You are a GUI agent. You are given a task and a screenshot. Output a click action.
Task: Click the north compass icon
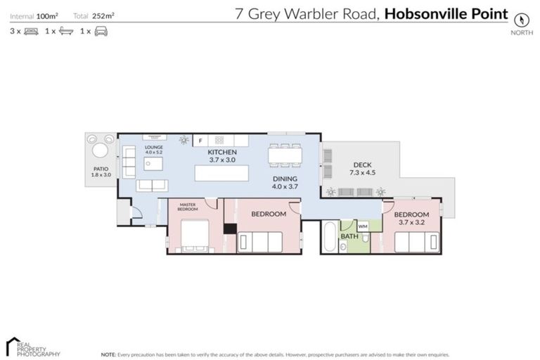point(521,20)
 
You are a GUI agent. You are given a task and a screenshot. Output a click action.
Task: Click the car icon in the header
point(101,31)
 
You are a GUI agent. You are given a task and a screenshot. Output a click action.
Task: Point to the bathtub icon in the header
point(66,31)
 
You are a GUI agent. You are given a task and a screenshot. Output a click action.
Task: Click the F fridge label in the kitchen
point(200,141)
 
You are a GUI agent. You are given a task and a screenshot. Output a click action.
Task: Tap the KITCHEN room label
point(222,153)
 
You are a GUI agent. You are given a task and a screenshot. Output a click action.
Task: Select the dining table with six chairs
point(285,154)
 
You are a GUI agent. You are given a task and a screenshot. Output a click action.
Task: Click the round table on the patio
point(101,150)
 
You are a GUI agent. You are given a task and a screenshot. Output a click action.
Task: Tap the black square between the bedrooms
point(229,228)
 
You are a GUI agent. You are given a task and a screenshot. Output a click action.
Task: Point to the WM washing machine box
point(363,226)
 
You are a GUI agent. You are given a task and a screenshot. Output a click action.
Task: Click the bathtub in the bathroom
point(330,237)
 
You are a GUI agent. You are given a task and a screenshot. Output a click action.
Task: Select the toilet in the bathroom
point(366,239)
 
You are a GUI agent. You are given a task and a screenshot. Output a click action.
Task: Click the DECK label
point(362,165)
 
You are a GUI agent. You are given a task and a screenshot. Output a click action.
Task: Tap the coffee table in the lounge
point(153,164)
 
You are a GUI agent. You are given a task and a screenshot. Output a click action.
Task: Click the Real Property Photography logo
point(32,347)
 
